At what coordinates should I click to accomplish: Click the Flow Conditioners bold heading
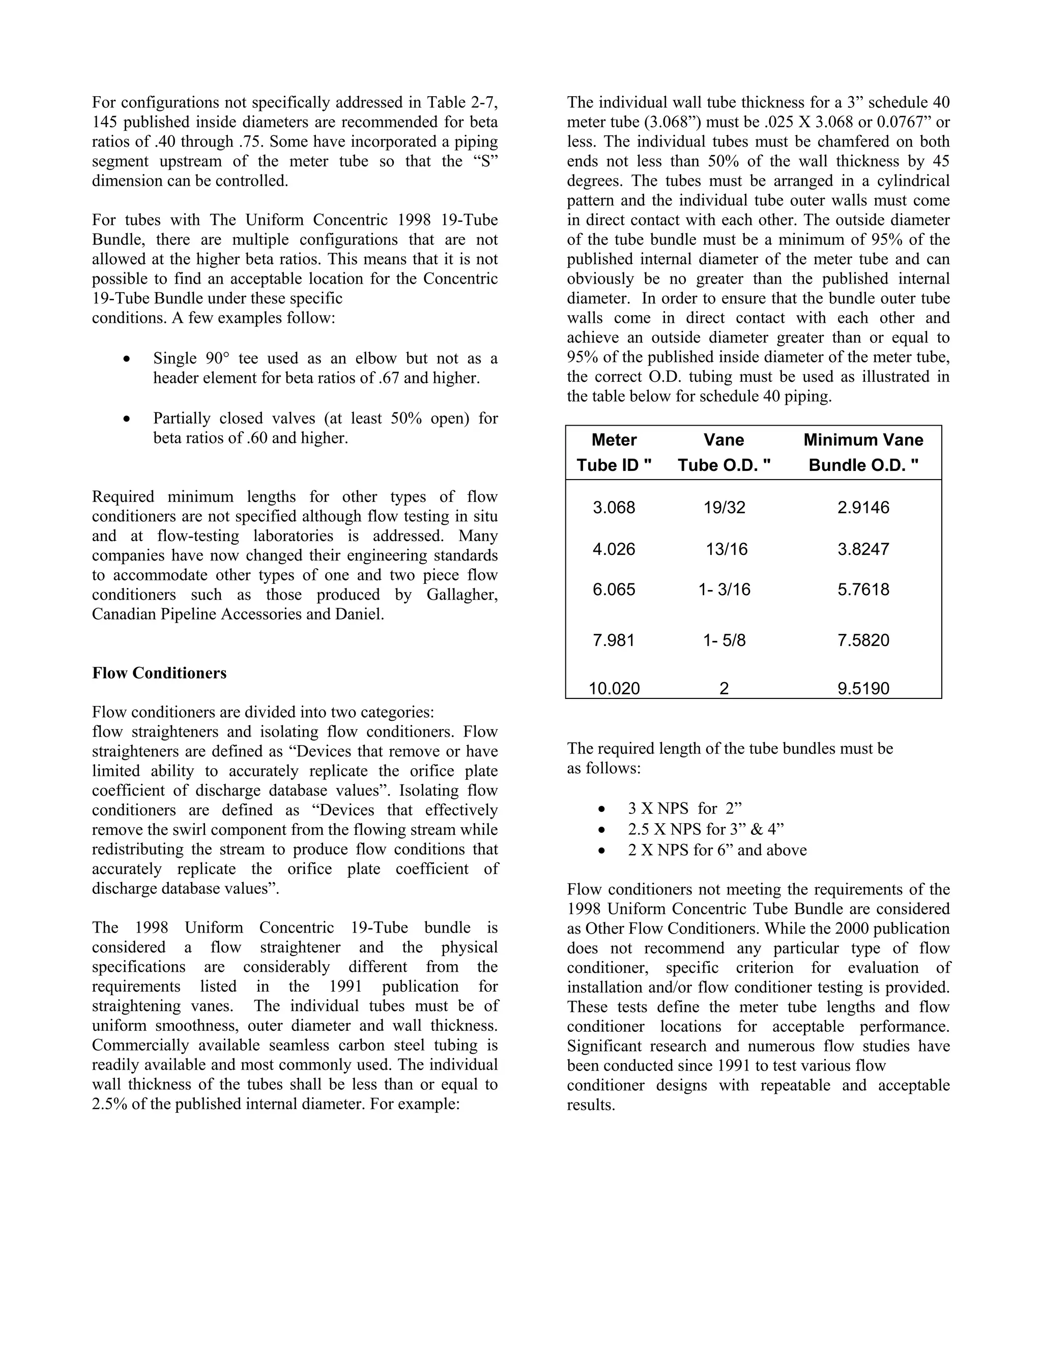pyautogui.click(x=159, y=673)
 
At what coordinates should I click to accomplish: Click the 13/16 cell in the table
pyautogui.click(x=727, y=549)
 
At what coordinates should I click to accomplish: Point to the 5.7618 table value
pyautogui.click(x=863, y=589)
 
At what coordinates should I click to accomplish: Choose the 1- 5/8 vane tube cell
pyautogui.click(x=724, y=640)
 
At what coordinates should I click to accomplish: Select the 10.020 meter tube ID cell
pyautogui.click(x=614, y=688)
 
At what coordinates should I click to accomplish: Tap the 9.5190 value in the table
pyautogui.click(x=863, y=688)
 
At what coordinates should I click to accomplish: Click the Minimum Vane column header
pyautogui.click(x=863, y=440)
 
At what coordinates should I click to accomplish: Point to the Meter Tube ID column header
pyautogui.click(x=614, y=453)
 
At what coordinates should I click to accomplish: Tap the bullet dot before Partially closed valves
pyautogui.click(x=127, y=419)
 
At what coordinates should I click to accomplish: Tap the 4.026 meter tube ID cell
pyautogui.click(x=614, y=549)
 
